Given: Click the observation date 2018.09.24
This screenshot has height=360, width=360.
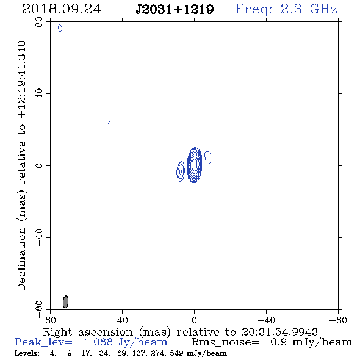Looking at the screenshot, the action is [62, 9].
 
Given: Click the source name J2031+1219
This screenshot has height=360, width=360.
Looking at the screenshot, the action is [175, 10].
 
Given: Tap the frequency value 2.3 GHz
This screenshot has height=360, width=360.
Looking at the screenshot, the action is [309, 9].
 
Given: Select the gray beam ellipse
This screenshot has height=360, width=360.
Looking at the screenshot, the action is [65, 301].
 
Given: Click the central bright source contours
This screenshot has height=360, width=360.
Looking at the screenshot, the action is [195, 165].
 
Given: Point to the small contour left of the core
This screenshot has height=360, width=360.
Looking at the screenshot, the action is [181, 171].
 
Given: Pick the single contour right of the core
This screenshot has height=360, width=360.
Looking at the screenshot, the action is [208, 157].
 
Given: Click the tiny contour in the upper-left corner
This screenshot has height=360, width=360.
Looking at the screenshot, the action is [60, 28].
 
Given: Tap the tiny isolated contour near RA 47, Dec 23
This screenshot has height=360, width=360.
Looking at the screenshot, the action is [109, 123].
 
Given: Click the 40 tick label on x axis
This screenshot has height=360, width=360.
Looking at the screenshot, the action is [122, 320].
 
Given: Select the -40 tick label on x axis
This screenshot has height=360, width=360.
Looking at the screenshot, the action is [266, 320].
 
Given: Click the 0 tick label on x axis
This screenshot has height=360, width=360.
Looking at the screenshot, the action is [194, 320].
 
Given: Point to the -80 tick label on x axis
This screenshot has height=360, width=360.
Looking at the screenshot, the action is [338, 320].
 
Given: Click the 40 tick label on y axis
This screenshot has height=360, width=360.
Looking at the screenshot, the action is [39, 94].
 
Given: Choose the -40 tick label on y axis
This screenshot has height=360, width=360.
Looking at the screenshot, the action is [39, 237].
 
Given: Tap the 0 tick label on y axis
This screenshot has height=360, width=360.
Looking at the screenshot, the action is [39, 165].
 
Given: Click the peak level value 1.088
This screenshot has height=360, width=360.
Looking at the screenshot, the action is [98, 342].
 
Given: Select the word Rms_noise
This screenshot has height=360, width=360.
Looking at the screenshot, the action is [225, 342].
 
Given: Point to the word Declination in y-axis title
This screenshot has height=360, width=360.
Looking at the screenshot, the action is [21, 259].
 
